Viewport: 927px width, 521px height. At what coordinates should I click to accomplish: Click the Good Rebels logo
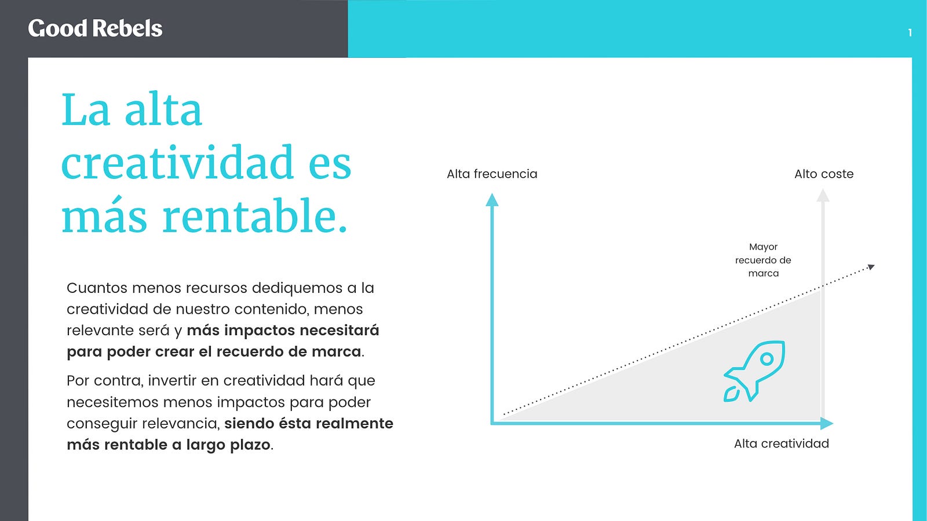95,28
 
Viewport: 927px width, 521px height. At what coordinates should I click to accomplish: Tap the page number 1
910,32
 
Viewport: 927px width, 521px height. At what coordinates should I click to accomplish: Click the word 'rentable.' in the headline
254,217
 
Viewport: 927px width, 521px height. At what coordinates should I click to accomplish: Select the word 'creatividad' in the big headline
177,162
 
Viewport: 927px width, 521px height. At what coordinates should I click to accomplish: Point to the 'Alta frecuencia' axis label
492,174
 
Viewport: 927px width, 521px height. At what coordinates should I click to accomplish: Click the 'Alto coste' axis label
824,174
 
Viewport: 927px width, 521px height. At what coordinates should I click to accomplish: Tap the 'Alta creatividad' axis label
782,443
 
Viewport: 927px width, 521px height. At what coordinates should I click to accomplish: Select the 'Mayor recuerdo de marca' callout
763,260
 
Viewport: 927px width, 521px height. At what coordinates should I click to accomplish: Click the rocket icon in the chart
754,371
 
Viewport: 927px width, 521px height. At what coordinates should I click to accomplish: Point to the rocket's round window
767,358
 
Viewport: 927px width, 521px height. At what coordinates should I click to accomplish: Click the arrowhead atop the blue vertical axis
492,199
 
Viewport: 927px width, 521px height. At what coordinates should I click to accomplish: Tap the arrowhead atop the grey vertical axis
823,195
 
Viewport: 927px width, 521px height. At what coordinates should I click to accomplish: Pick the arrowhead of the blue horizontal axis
826,423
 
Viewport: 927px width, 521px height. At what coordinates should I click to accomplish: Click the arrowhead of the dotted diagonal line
871,267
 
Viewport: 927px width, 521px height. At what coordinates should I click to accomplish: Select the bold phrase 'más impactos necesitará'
283,331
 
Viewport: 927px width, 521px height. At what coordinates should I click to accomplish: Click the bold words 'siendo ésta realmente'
309,423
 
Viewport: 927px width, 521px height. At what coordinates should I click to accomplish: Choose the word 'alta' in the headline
163,109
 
